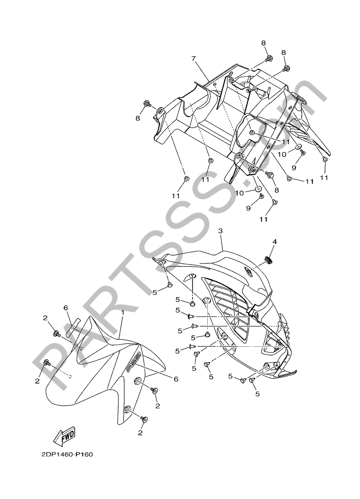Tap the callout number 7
[x=194, y=59]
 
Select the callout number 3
[x=220, y=231]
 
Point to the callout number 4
[x=275, y=242]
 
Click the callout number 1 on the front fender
[x=122, y=312]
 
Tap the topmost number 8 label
[x=264, y=43]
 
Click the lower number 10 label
[x=240, y=193]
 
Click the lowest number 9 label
[x=248, y=208]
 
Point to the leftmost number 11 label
[x=176, y=196]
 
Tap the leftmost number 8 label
[x=138, y=118]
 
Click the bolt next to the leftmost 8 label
[x=148, y=104]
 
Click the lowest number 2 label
[x=140, y=433]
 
